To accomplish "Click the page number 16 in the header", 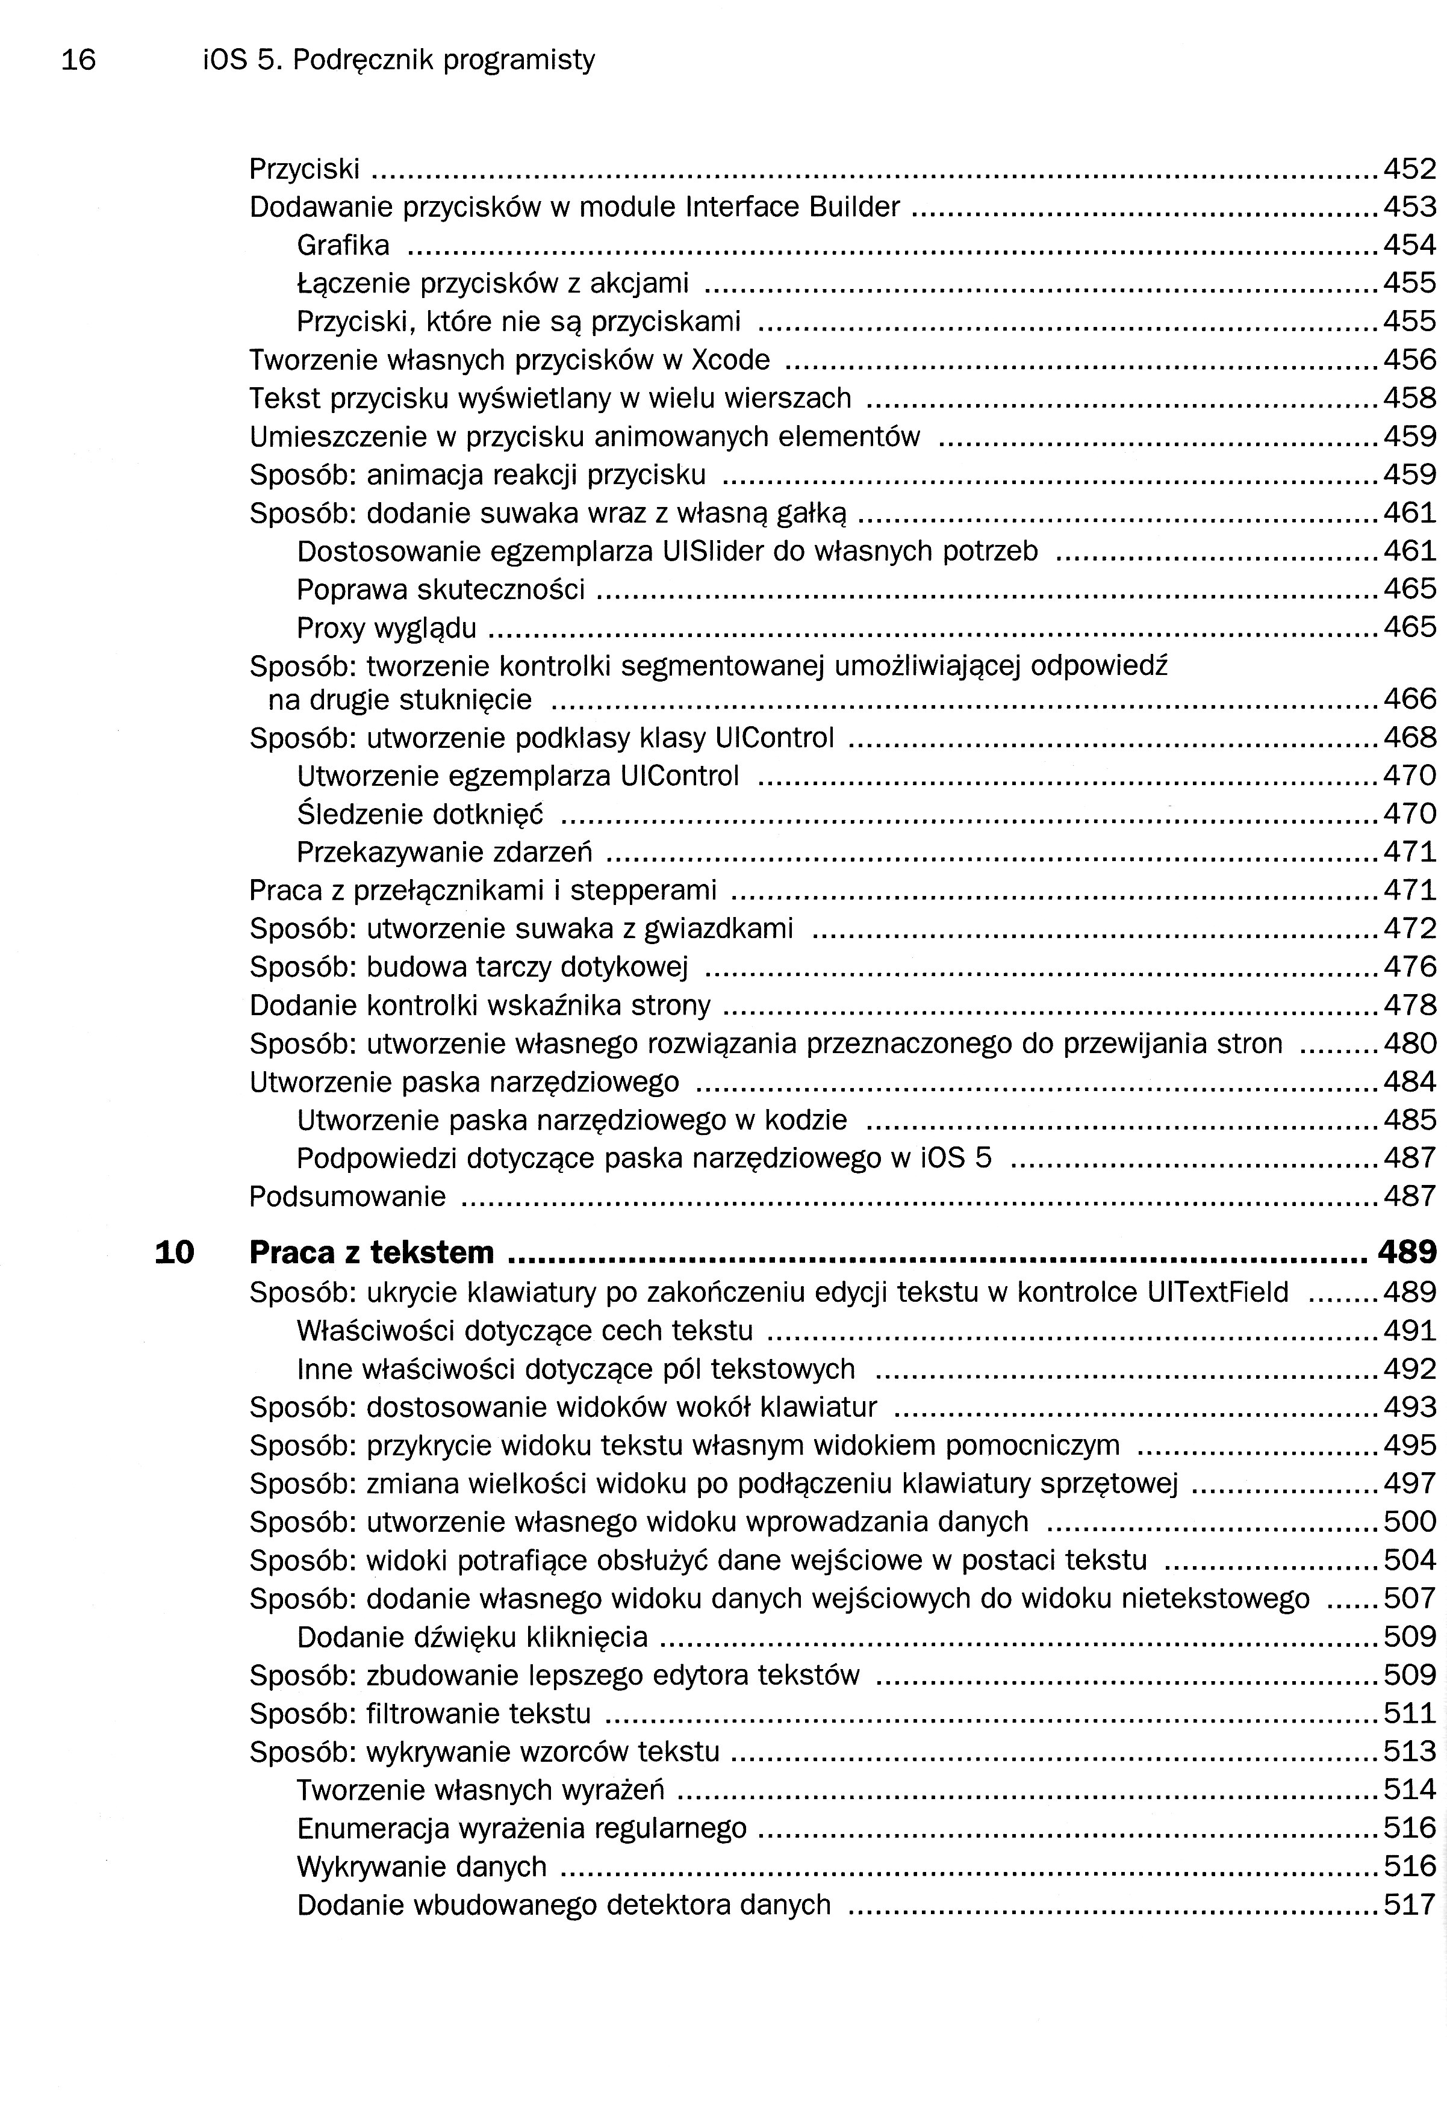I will [x=78, y=60].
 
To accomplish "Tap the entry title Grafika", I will [x=343, y=246].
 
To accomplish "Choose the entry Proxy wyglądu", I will [x=386, y=628].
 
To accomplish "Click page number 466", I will [x=1410, y=699].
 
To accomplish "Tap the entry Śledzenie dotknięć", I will [x=420, y=814].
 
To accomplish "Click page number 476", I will [x=1410, y=966].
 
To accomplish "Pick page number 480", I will [x=1410, y=1043].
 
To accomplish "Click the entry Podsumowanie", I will [x=347, y=1196].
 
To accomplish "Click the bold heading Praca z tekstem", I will [x=372, y=1253].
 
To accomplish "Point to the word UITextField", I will [x=1218, y=1292].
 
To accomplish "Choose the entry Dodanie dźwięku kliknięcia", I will [x=472, y=1637].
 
